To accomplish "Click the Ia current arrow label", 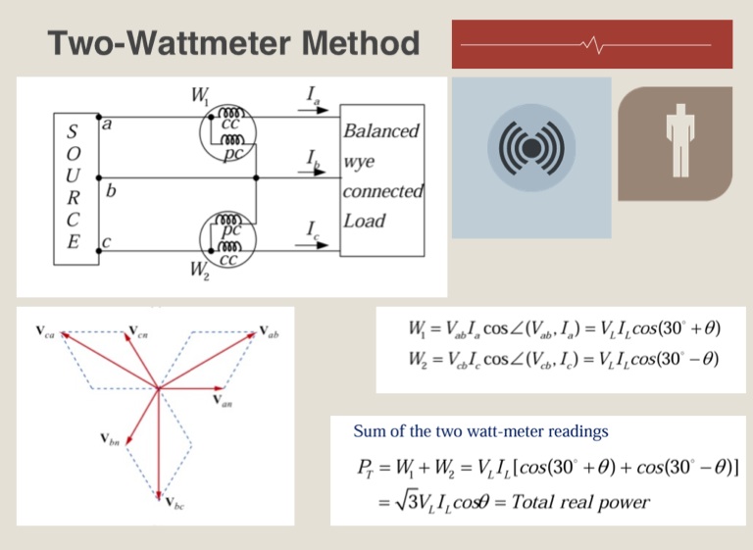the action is coord(313,95).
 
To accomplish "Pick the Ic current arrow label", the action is coord(313,230).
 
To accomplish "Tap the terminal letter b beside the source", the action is coord(111,191).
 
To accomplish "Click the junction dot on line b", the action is coord(256,177).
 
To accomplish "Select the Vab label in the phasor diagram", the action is coord(269,331).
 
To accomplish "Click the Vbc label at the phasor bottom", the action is coord(175,503).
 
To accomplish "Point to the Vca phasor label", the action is coord(45,331).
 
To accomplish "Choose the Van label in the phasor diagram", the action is coord(223,401).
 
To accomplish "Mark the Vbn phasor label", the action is coord(110,439).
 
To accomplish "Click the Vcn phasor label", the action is coord(138,332).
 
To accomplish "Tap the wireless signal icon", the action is coord(531,148).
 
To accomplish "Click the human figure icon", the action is coord(680,140).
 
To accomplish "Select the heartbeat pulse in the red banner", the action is coord(594,45).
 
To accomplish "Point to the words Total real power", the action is coord(580,502).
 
